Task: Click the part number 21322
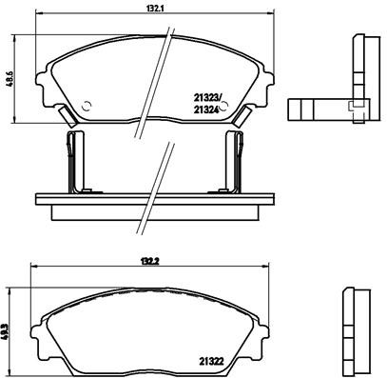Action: pyautogui.click(x=212, y=360)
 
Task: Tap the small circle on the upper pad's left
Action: pyautogui.click(x=87, y=106)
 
